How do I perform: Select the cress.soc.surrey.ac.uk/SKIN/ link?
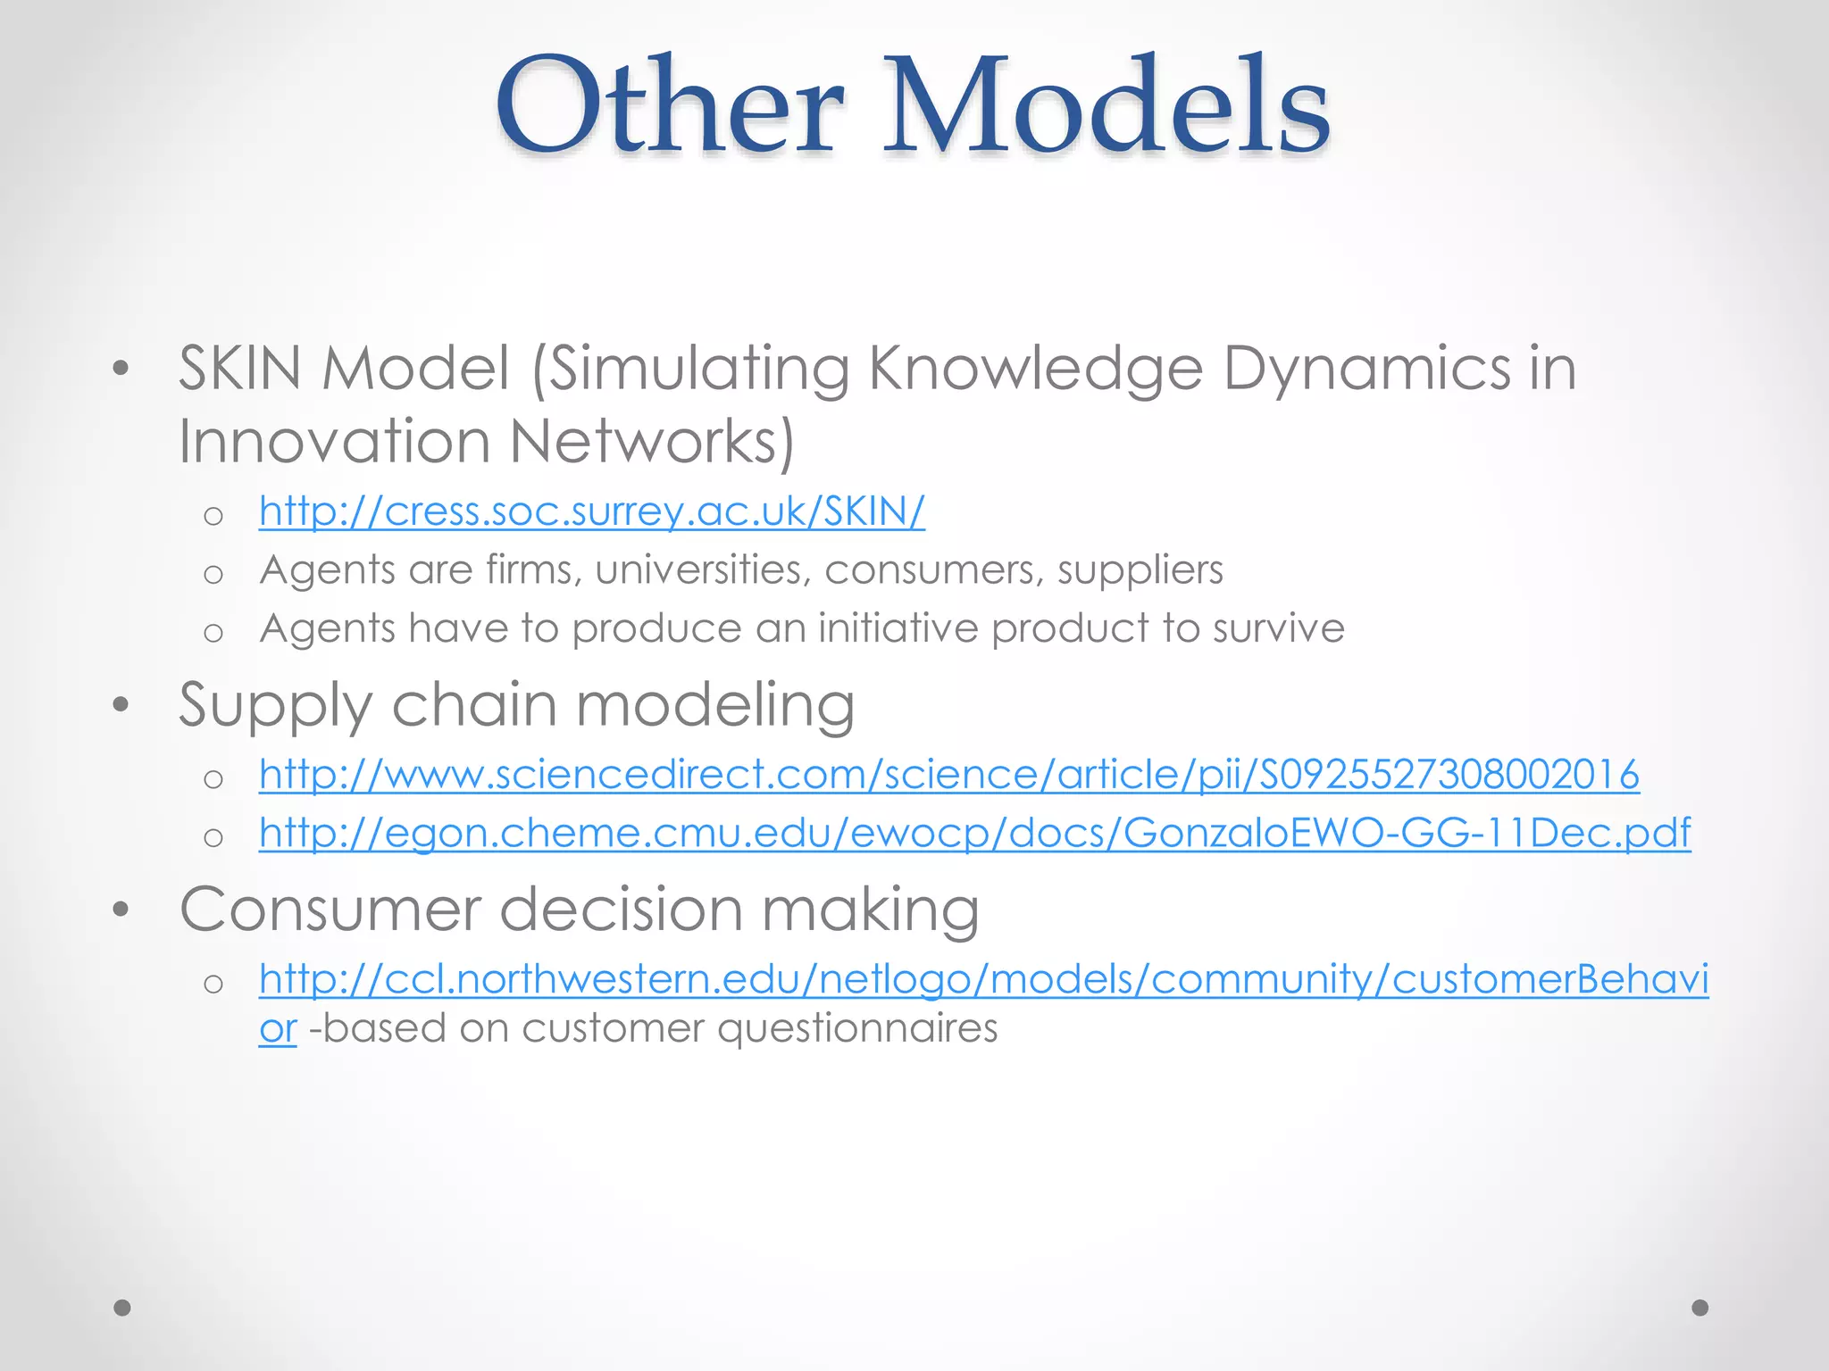[591, 511]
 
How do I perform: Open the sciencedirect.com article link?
[948, 774]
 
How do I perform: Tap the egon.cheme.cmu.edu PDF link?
[973, 833]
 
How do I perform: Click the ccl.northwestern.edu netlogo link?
[982, 979]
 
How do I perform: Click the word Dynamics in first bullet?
[1365, 369]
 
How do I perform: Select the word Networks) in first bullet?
[651, 442]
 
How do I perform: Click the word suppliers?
[1140, 570]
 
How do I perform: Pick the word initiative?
[898, 628]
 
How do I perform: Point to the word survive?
[1278, 628]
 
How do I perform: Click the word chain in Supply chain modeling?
[473, 704]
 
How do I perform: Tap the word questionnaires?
[857, 1028]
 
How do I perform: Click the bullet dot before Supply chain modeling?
[121, 705]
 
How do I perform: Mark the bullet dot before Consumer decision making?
[121, 910]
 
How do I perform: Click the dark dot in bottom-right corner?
[1700, 1308]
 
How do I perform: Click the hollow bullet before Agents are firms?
[213, 574]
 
